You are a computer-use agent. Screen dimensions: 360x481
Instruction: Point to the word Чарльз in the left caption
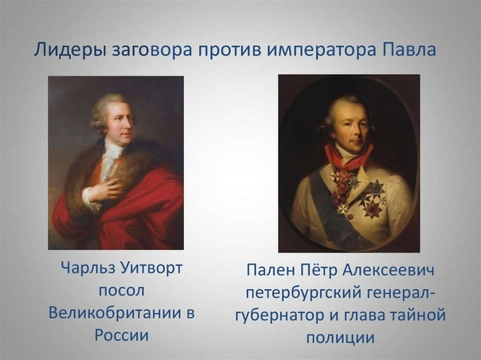click(86, 268)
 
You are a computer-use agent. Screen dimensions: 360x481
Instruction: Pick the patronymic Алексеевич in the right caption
click(396, 271)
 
